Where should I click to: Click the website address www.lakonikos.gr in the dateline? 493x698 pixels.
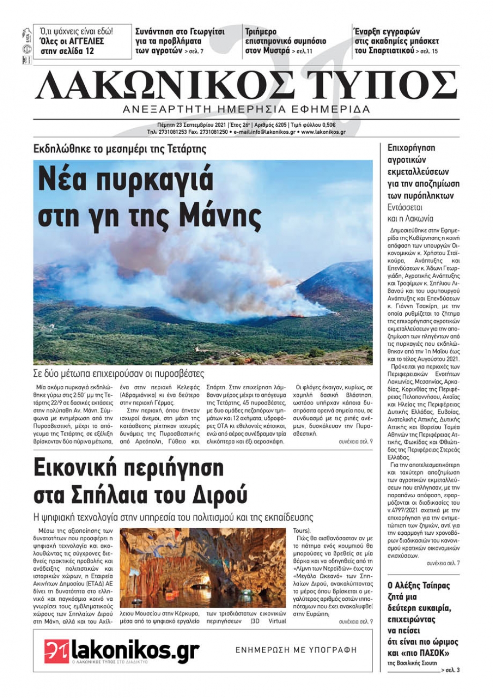(x=323, y=132)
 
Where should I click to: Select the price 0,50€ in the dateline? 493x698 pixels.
(x=327, y=125)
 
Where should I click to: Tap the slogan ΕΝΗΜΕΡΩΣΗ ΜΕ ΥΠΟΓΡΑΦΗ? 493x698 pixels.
(x=296, y=650)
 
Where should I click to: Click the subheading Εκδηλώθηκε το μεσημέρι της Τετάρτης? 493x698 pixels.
(x=120, y=149)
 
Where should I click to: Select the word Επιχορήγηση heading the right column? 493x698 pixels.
(x=411, y=148)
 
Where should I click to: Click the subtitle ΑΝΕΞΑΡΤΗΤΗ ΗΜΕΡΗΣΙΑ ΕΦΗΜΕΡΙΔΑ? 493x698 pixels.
(x=246, y=109)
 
